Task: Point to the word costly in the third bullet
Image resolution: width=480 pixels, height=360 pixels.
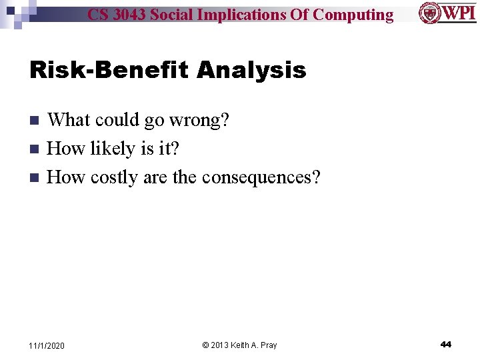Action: (114, 177)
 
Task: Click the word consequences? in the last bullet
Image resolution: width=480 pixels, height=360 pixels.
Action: (261, 177)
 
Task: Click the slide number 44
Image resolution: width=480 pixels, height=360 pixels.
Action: (446, 344)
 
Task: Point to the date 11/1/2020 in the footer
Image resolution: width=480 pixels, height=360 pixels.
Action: (47, 345)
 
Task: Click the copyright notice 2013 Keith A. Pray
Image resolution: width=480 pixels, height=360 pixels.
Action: (239, 345)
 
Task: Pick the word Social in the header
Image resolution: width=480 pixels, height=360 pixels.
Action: (173, 15)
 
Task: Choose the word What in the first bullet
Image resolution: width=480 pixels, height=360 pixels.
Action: (69, 120)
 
